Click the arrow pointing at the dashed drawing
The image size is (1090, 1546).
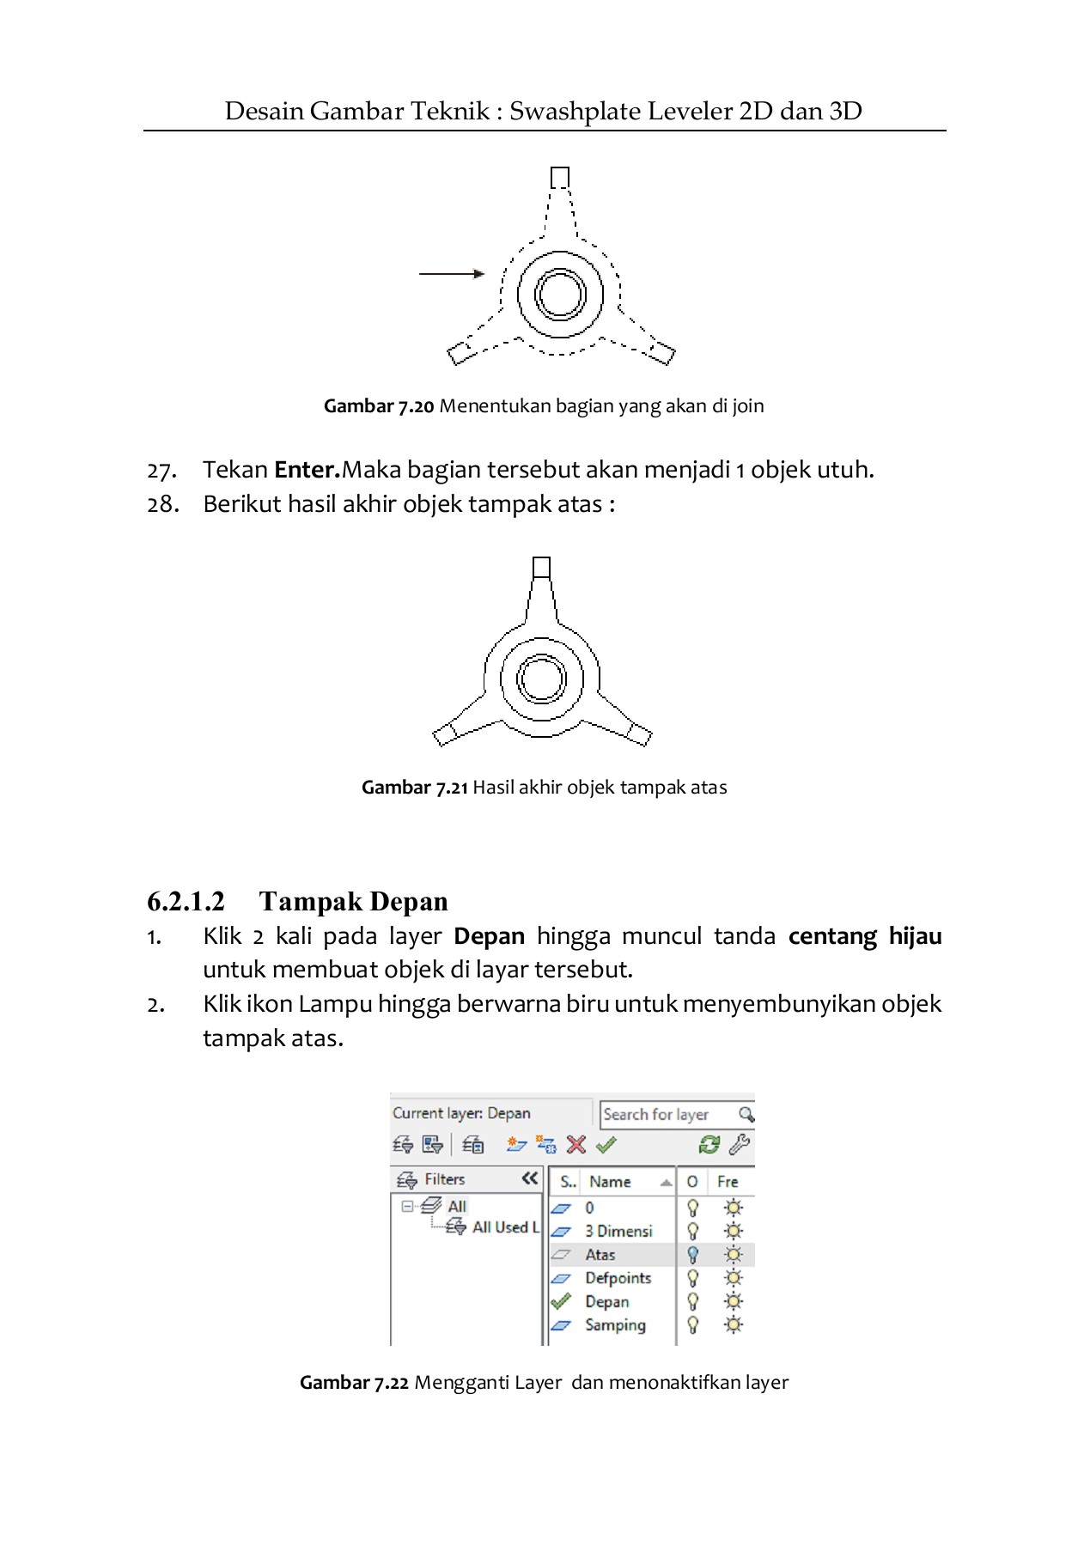(x=452, y=274)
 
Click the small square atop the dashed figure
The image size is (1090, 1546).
(x=559, y=178)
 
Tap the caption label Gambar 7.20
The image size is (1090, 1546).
(x=379, y=406)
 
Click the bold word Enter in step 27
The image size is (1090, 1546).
(x=306, y=470)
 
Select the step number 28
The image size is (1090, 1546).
(x=163, y=504)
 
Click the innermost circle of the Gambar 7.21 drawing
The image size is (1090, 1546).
(x=541, y=679)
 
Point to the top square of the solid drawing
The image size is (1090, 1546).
(x=541, y=568)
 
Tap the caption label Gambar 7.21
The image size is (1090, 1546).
(x=415, y=788)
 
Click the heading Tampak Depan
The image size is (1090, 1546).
(x=353, y=902)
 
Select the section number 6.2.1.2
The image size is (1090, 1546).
(x=186, y=902)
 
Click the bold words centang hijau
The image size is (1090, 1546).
(x=864, y=936)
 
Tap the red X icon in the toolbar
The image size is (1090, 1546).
(x=576, y=1145)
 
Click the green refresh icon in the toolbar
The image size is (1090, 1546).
(x=709, y=1145)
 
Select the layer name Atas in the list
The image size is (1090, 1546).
(x=600, y=1255)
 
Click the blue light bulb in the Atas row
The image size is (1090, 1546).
(x=693, y=1255)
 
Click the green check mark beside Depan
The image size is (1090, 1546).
(x=561, y=1301)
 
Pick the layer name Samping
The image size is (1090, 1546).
(x=615, y=1325)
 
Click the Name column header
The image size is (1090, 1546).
(x=611, y=1182)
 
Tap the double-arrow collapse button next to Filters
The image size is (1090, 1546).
(x=529, y=1178)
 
